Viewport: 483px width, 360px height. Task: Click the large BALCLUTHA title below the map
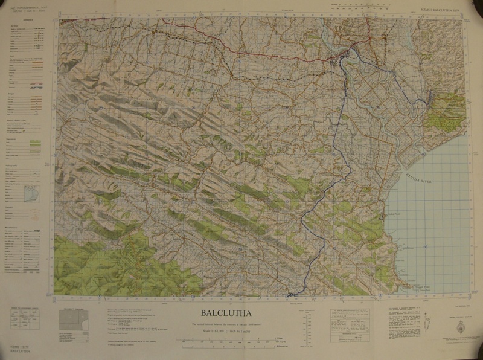pos(236,313)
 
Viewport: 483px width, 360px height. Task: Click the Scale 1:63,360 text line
pos(236,330)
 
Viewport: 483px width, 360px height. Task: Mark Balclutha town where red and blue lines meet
pos(342,58)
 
